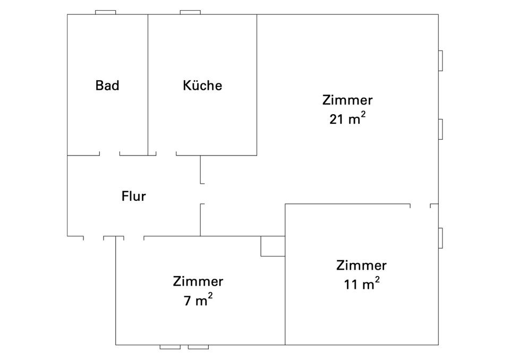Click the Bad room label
pos(107,85)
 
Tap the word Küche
pos(202,85)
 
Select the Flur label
pos(133,196)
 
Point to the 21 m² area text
pos(347,118)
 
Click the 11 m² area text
pos(362,284)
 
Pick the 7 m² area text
pos(198,300)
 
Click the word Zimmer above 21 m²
pos(347,100)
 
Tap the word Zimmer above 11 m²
pos(362,265)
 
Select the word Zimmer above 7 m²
pos(198,281)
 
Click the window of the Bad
pos(105,12)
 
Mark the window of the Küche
pos(191,12)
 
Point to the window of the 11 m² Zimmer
pos(440,238)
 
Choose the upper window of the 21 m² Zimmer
pos(440,61)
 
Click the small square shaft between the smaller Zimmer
pos(273,246)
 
